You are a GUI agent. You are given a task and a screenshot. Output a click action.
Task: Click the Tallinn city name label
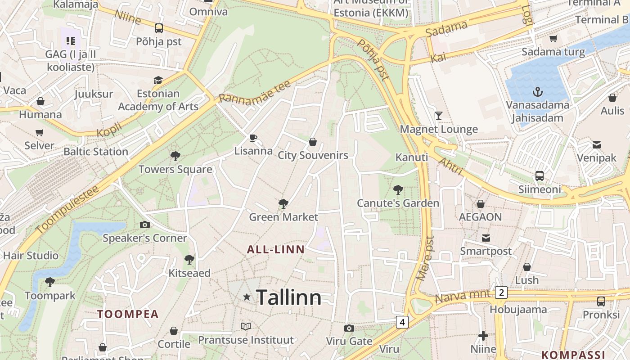coord(288,298)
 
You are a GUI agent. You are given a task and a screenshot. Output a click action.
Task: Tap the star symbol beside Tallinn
coord(247,297)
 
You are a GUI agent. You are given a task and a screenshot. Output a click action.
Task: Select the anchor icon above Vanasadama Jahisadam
coord(537,92)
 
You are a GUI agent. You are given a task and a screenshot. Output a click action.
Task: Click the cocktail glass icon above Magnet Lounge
coord(439,116)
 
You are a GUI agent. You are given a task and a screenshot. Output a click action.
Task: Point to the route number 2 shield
coord(501,293)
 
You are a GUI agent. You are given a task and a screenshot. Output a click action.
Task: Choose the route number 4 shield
coord(402,322)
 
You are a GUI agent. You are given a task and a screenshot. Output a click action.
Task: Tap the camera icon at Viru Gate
coord(349,328)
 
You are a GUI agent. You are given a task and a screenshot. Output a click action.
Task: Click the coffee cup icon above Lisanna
coord(253,137)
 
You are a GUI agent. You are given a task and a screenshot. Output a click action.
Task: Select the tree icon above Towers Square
coord(175,156)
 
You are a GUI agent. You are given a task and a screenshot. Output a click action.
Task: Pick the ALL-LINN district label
coord(275,249)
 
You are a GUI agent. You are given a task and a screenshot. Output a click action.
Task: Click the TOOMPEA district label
coord(128,314)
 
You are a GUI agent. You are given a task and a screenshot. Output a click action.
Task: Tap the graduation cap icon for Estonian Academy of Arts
coord(158,80)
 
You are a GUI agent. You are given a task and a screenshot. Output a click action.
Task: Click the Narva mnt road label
coord(464,297)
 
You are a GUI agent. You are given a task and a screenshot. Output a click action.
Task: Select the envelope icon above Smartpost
coord(486,238)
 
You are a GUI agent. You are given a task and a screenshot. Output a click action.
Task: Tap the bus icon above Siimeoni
coord(539,175)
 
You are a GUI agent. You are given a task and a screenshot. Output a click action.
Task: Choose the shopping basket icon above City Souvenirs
coord(313,142)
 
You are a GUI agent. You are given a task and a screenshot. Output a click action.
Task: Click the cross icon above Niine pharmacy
coord(483,335)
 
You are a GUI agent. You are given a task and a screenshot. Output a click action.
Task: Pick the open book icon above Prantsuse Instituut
coord(246,326)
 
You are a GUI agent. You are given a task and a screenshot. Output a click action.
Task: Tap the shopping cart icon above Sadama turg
coord(553,38)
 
